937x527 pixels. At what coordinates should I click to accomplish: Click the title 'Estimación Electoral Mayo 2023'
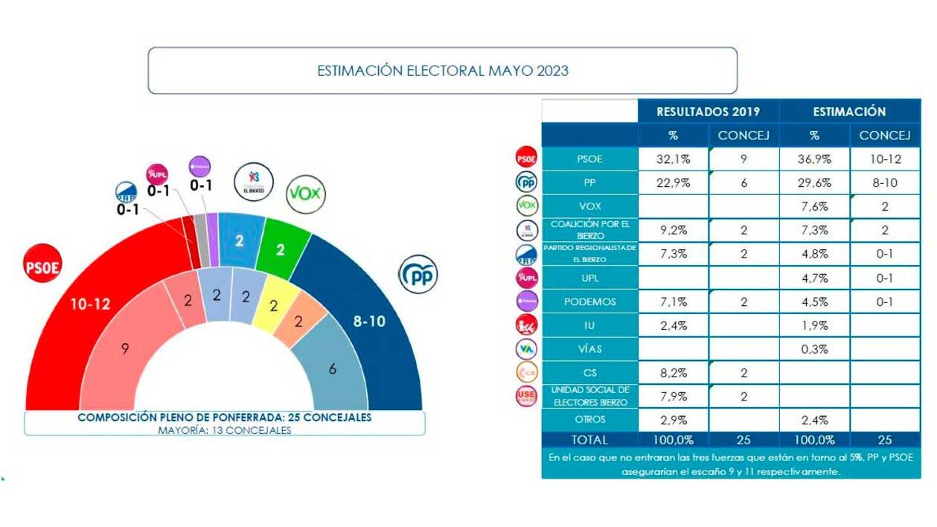442,71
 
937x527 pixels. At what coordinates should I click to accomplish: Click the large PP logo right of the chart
418,275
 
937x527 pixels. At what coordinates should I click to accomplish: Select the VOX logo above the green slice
305,194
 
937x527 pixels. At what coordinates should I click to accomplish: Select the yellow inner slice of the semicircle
272,305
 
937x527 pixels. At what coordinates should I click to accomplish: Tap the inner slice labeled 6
333,368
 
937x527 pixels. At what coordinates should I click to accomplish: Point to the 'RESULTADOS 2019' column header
708,112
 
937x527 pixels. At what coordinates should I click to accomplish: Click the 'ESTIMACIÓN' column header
849,112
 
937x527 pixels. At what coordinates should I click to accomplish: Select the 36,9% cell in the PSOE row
813,159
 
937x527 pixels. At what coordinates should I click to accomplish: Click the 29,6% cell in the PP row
813,182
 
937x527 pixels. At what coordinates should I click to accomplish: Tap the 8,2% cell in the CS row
673,373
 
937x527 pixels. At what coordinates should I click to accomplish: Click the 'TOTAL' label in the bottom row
589,440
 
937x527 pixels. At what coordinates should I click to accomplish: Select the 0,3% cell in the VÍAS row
813,349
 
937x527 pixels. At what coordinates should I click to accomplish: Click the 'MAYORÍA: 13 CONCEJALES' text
224,430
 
